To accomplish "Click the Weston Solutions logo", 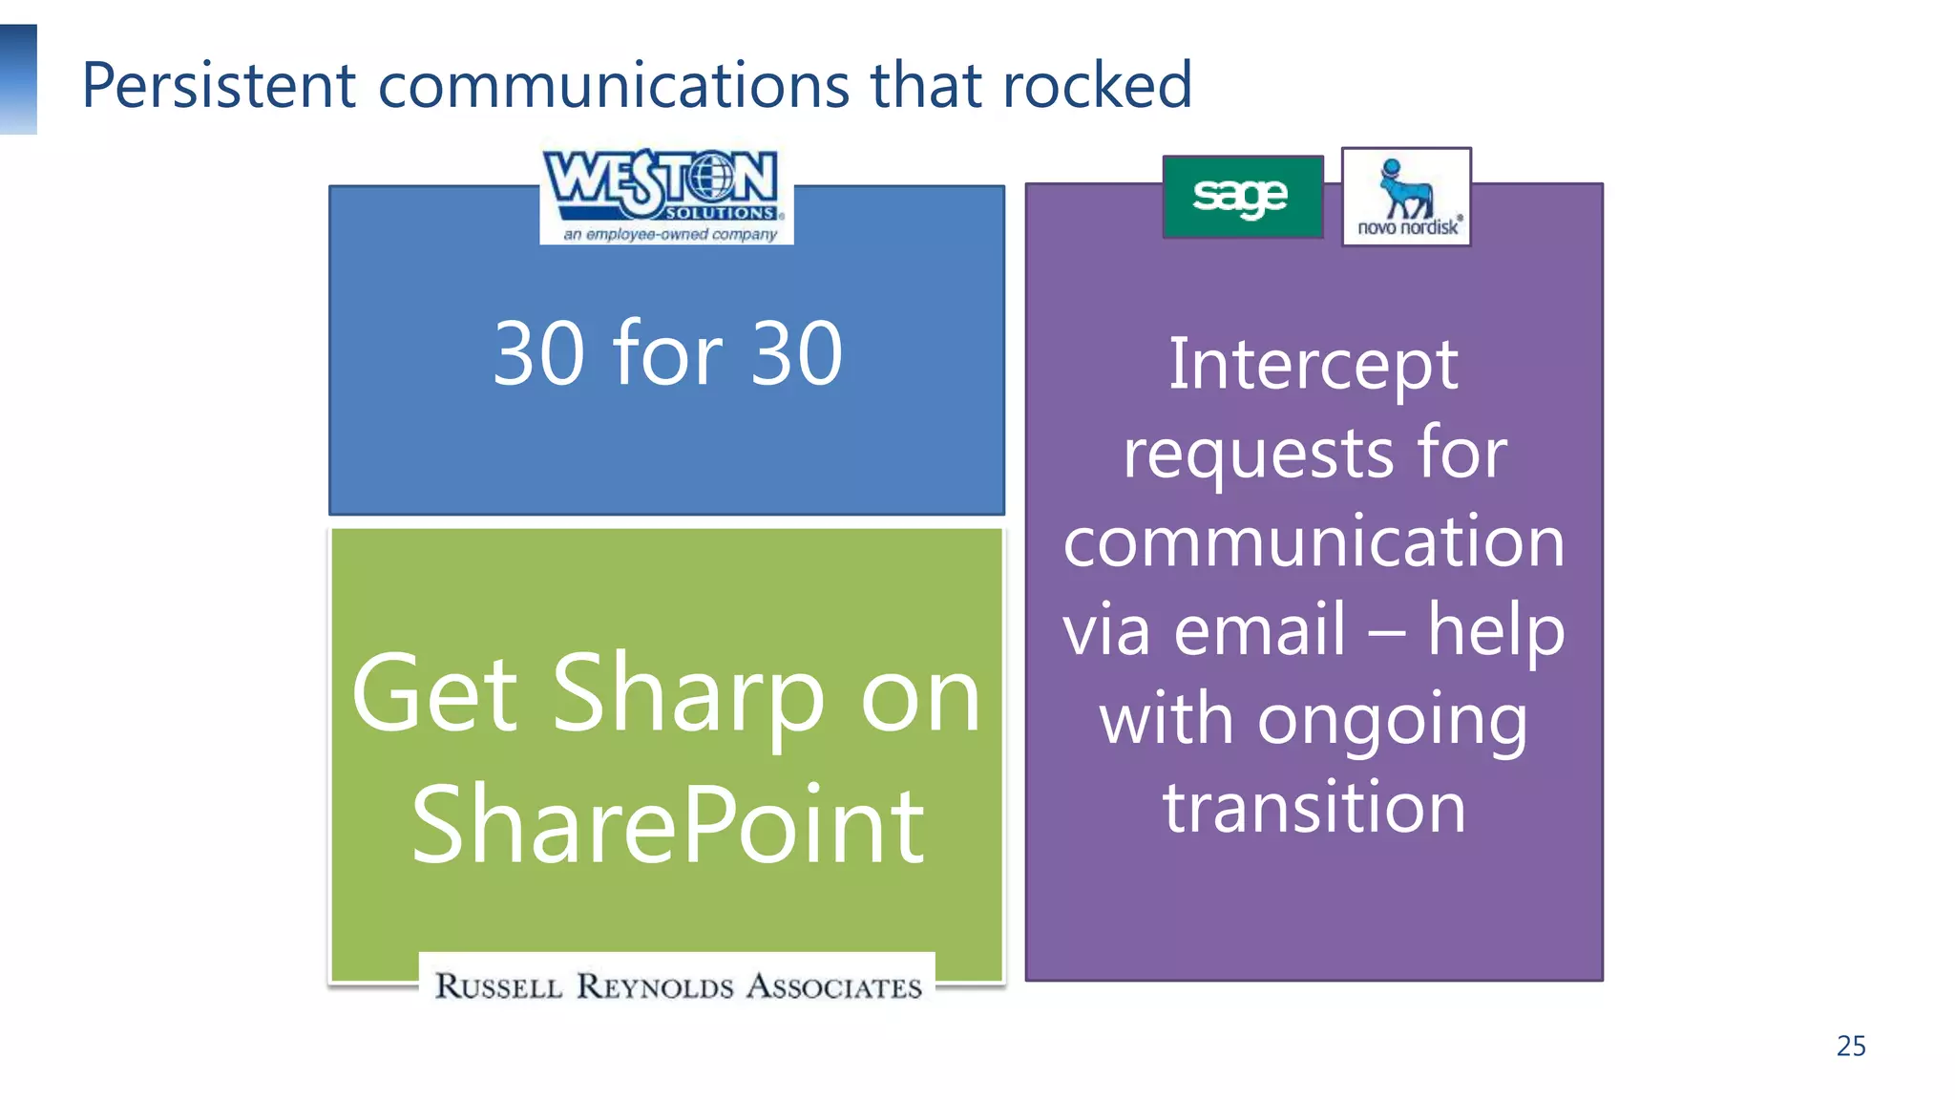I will click(x=665, y=195).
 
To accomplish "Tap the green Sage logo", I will click(x=1242, y=197).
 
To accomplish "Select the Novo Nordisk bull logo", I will click(x=1406, y=197).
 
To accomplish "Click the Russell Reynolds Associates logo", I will click(x=678, y=985).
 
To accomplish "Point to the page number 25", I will click(x=1850, y=1046).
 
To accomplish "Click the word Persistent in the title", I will click(x=219, y=86).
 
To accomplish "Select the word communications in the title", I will click(x=613, y=86).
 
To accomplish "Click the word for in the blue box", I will click(x=666, y=353).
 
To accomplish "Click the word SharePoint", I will click(x=667, y=825).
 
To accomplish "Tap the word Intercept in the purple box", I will click(x=1313, y=365).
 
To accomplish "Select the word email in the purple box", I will click(x=1259, y=630).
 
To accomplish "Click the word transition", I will click(x=1314, y=807).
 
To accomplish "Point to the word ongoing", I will click(x=1392, y=721).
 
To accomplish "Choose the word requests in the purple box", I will click(x=1259, y=455).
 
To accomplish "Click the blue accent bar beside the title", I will click(x=18, y=79).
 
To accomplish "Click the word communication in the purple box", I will click(x=1314, y=541).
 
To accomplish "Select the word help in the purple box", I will click(x=1496, y=630).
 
